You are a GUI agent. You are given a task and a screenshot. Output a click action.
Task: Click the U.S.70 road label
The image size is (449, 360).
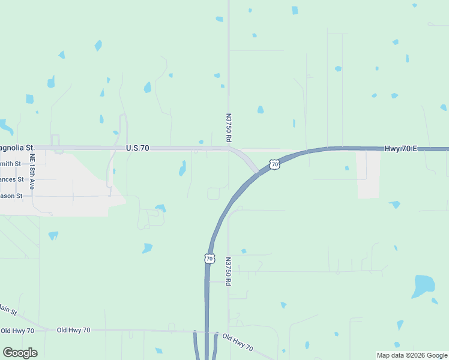(137, 148)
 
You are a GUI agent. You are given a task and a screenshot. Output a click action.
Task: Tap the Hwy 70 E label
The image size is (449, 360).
(400, 148)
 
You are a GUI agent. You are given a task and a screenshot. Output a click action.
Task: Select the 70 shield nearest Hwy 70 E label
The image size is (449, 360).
(274, 164)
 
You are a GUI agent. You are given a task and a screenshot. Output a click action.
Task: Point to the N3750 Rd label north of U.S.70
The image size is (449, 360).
(229, 128)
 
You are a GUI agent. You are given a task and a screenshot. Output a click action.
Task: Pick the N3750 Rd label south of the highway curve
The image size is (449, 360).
(229, 271)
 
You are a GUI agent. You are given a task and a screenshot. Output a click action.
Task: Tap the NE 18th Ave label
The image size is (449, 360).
(32, 173)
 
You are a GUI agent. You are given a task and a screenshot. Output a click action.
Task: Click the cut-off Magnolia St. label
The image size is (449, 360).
(17, 148)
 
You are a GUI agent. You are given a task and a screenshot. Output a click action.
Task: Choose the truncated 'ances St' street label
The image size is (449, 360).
(11, 179)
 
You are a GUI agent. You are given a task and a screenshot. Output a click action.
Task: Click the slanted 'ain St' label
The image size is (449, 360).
(9, 310)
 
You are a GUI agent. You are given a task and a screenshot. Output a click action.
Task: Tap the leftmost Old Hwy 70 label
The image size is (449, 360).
(17, 331)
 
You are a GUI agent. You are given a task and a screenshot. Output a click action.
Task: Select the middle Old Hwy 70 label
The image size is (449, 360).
(73, 330)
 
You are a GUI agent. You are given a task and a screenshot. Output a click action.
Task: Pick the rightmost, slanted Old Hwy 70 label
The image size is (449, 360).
(238, 343)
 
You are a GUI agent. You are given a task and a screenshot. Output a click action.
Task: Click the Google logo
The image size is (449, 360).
(20, 353)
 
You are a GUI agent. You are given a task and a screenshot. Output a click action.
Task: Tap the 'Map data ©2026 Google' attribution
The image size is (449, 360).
(411, 355)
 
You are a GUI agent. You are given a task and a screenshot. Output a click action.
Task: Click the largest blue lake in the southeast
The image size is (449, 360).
(423, 286)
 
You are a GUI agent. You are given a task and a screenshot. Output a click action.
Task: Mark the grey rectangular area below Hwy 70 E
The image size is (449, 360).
(369, 174)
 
